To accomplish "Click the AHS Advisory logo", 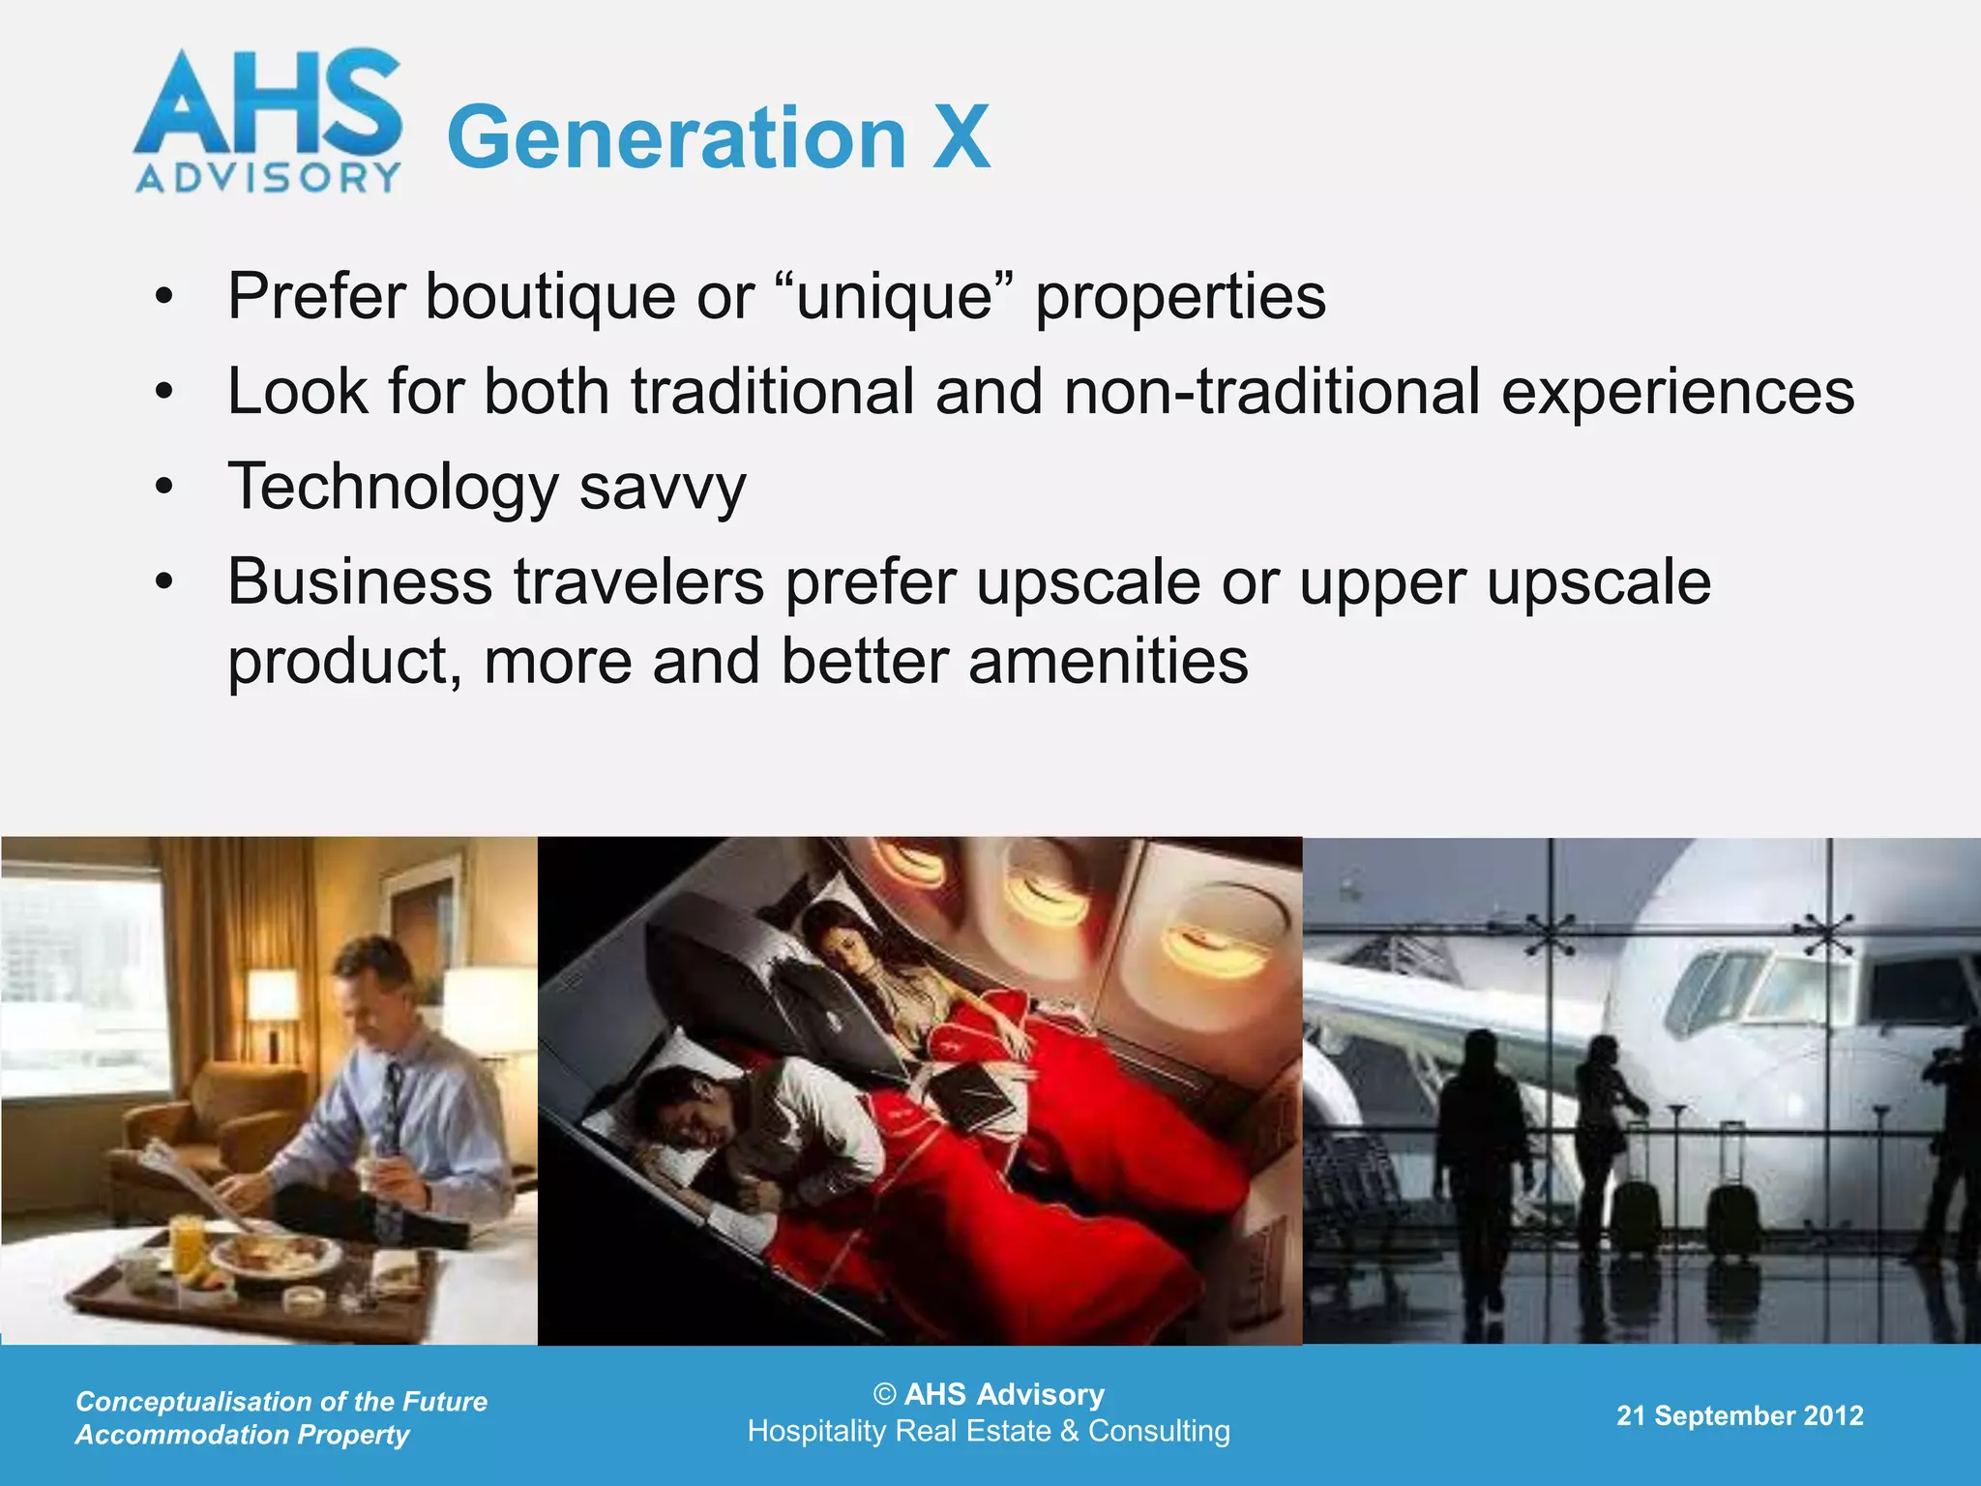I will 268,121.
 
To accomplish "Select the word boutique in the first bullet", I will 550,296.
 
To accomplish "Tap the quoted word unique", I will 895,296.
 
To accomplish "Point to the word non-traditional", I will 1272,392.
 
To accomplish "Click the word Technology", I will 393,487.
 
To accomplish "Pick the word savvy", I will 663,489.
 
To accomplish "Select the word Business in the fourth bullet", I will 360,582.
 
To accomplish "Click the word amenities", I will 1109,662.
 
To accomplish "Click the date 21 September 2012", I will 1739,1415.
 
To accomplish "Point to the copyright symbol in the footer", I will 884,1394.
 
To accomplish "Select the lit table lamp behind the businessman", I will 271,996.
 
